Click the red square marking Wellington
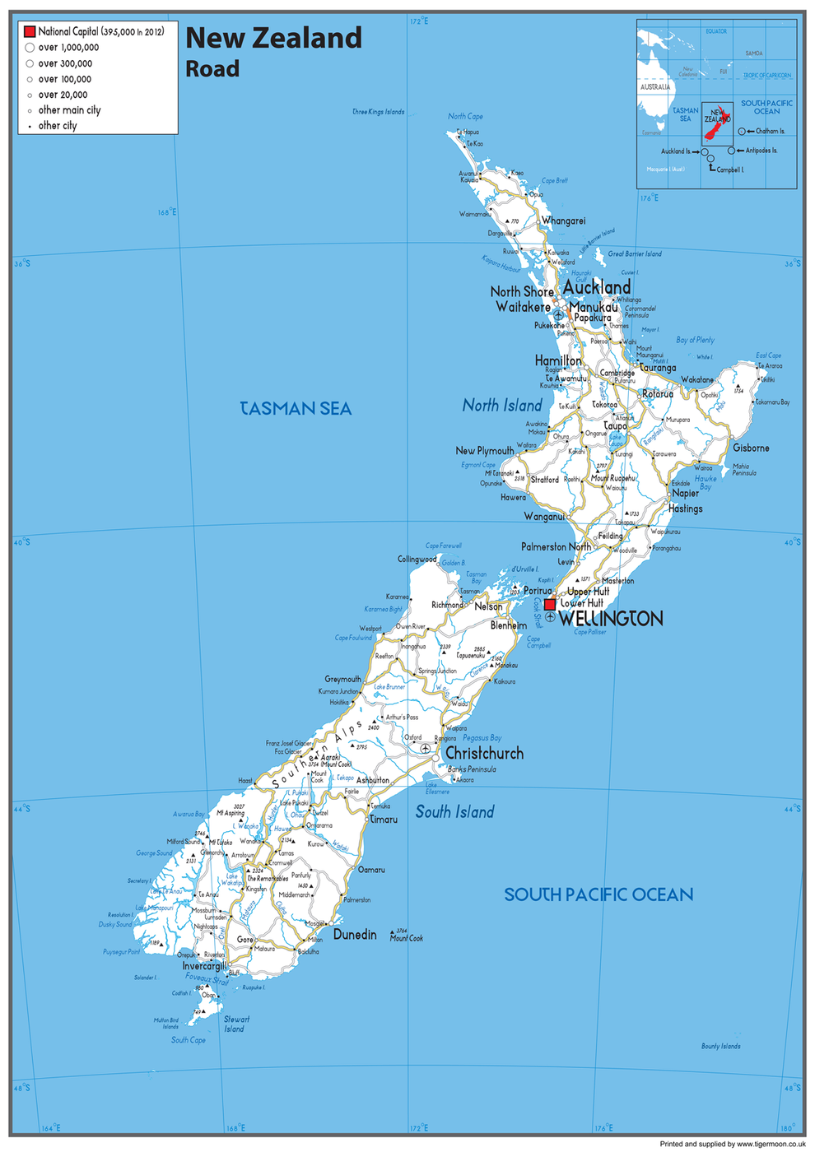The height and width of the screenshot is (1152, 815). [550, 604]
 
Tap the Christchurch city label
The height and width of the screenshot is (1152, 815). [484, 754]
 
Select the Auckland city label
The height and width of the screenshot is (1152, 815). [597, 287]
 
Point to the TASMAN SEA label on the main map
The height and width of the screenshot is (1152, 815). [296, 409]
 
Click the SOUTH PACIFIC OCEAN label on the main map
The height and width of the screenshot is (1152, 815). [598, 894]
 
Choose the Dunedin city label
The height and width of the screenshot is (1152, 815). [355, 935]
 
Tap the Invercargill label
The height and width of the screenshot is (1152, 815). [204, 966]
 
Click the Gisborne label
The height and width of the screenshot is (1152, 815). [751, 448]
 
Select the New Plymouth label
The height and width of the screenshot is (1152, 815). [484, 451]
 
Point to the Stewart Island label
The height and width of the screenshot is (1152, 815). [235, 1024]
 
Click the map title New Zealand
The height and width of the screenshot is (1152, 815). [273, 38]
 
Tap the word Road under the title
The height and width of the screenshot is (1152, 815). [212, 69]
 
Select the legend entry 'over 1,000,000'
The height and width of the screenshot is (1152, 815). [68, 48]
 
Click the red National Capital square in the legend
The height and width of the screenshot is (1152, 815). [30, 31]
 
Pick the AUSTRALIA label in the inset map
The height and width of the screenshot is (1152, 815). [655, 87]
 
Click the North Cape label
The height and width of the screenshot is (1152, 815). [465, 117]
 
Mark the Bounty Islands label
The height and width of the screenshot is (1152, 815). [720, 1047]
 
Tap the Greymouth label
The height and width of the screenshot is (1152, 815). [342, 680]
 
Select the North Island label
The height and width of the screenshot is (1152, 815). [502, 406]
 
